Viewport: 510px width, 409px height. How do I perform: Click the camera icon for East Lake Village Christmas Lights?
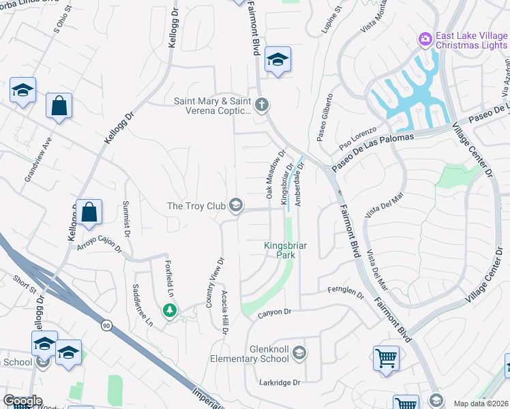click(x=425, y=38)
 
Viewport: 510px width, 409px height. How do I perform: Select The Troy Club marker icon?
click(x=236, y=205)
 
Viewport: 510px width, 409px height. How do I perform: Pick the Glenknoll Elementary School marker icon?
click(x=300, y=353)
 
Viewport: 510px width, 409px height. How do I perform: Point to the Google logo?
click(x=22, y=401)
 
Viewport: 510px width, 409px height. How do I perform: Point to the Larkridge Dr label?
click(x=280, y=382)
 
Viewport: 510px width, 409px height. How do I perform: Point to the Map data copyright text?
click(x=481, y=404)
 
